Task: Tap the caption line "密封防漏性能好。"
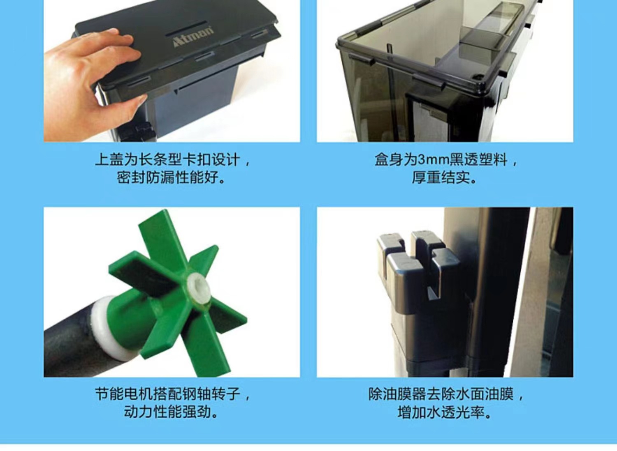(x=171, y=177)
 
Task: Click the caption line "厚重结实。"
(x=444, y=177)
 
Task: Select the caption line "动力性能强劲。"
(x=171, y=412)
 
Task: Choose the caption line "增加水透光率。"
(x=444, y=412)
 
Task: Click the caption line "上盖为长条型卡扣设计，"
(x=172, y=160)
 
